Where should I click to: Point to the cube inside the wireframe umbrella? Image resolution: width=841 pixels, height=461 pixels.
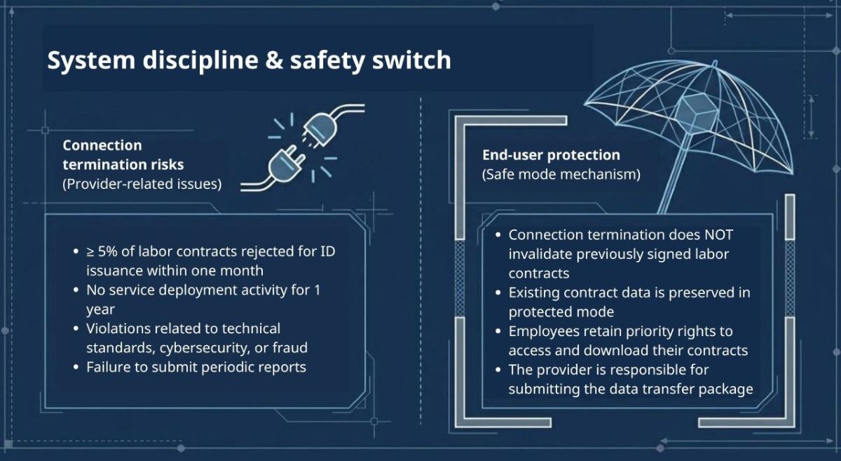[x=697, y=114]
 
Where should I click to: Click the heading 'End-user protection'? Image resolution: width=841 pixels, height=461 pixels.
[x=551, y=155]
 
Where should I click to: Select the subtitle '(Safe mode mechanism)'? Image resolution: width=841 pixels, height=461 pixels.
[x=561, y=175]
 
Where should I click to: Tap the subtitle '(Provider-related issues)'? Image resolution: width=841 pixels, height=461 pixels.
[x=142, y=184]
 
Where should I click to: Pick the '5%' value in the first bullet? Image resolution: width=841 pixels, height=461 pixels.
[x=107, y=252]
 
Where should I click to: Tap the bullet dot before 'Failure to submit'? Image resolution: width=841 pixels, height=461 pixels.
[x=76, y=367]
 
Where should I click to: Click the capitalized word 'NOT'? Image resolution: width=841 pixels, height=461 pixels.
[x=718, y=235]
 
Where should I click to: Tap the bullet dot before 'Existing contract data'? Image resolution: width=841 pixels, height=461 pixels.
[x=498, y=293]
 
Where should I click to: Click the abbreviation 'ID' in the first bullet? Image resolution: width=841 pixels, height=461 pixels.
[x=328, y=252]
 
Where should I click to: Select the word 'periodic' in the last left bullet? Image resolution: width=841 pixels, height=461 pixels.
[x=229, y=368]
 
